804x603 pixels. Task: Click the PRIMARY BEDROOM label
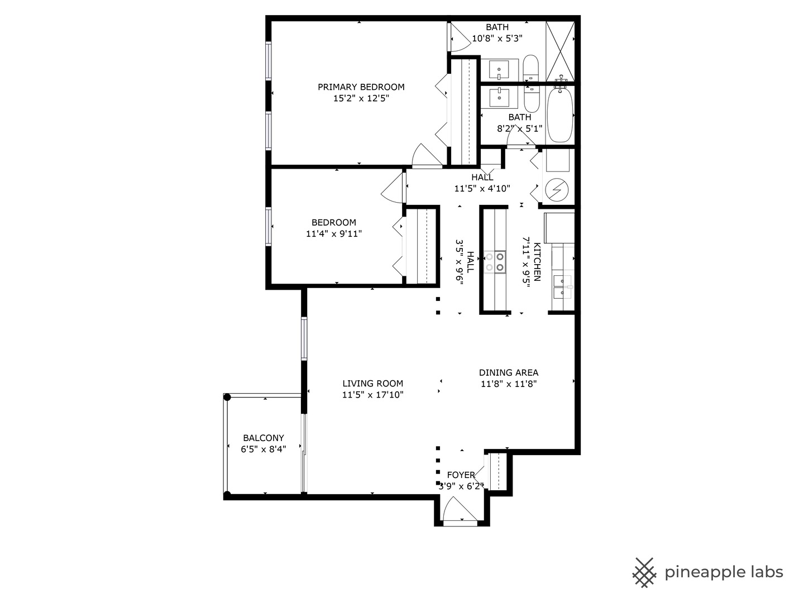coord(361,87)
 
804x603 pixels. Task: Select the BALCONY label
coord(263,438)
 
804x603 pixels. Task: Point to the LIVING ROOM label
coord(372,384)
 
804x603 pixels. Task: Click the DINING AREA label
coord(508,373)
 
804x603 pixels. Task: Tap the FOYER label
coord(461,475)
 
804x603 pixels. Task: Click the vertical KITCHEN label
coord(537,262)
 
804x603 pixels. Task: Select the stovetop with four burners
coord(495,262)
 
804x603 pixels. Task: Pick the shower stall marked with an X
coord(560,51)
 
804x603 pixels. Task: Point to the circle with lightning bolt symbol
coord(556,190)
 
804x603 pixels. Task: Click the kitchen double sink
coord(562,288)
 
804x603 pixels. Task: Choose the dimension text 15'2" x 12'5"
coord(361,99)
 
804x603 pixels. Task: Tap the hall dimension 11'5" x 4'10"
coord(482,189)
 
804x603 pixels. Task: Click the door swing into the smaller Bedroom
coord(394,189)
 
